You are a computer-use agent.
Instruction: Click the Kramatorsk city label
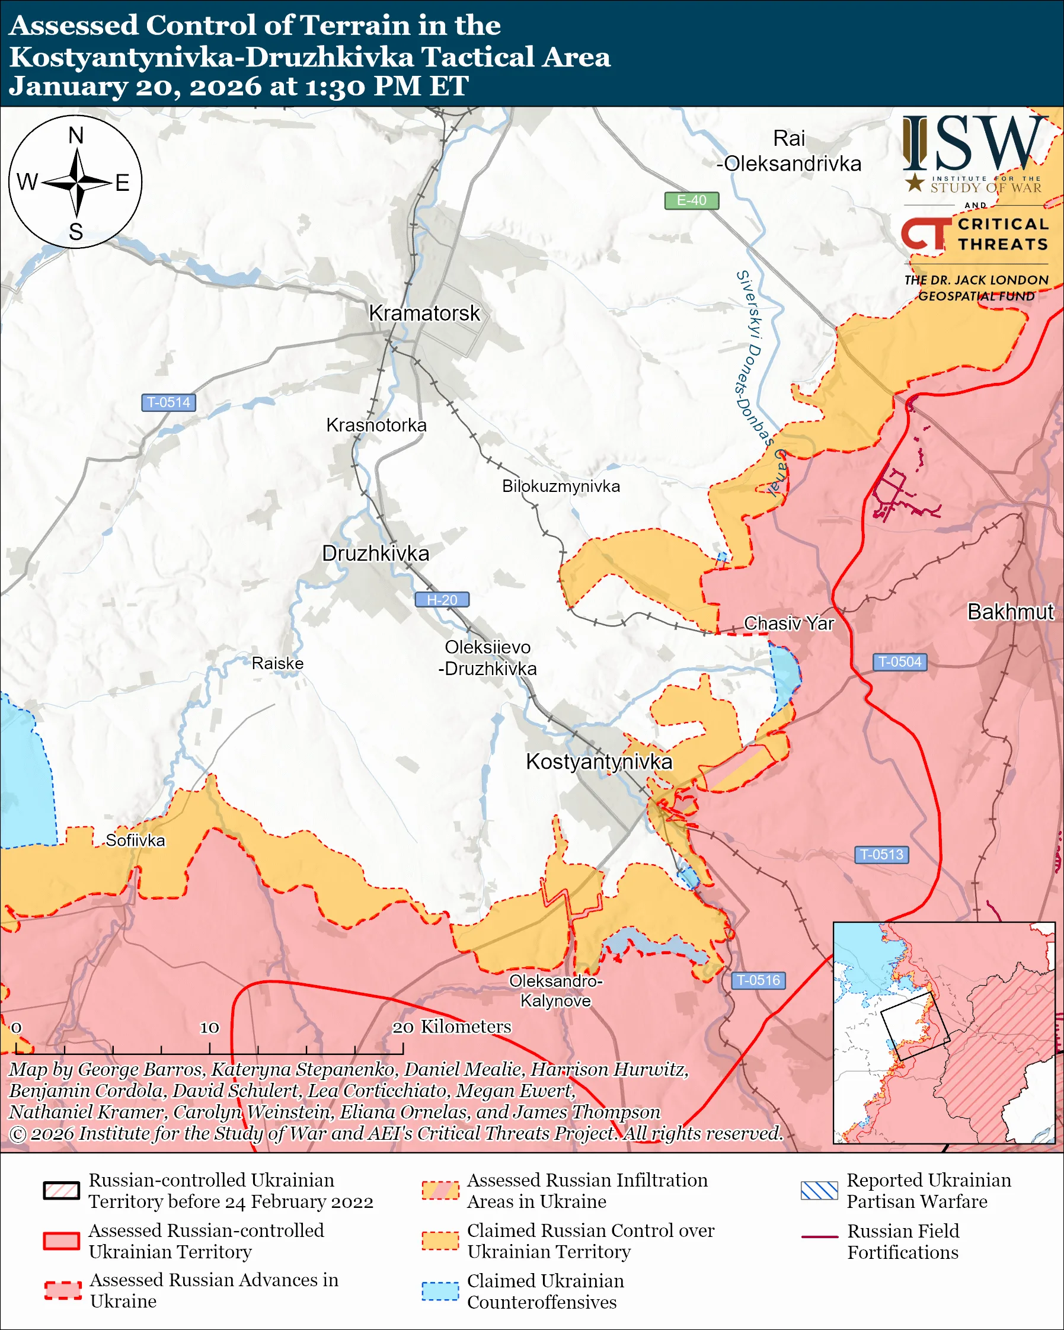pos(424,314)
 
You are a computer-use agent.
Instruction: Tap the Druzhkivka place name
pos(376,554)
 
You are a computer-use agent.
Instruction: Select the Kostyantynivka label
pos(598,762)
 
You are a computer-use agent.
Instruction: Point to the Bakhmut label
pos(1010,612)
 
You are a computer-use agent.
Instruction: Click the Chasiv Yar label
pos(788,624)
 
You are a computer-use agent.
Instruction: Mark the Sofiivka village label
pos(135,840)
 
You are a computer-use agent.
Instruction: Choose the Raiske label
pos(277,664)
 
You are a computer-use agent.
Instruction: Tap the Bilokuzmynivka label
pos(561,486)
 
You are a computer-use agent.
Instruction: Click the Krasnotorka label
pos(376,425)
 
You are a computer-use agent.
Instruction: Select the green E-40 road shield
pos(691,200)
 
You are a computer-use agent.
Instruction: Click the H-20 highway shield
pos(442,600)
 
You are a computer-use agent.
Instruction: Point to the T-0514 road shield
pos(168,402)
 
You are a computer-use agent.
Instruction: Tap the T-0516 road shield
pos(758,980)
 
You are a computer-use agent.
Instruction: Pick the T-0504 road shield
pos(899,662)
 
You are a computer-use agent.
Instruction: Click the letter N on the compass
pos(76,136)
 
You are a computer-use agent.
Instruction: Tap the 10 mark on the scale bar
pos(209,1028)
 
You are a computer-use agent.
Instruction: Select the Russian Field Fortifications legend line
pos(819,1238)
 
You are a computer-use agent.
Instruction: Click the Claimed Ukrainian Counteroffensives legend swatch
pos(440,1291)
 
